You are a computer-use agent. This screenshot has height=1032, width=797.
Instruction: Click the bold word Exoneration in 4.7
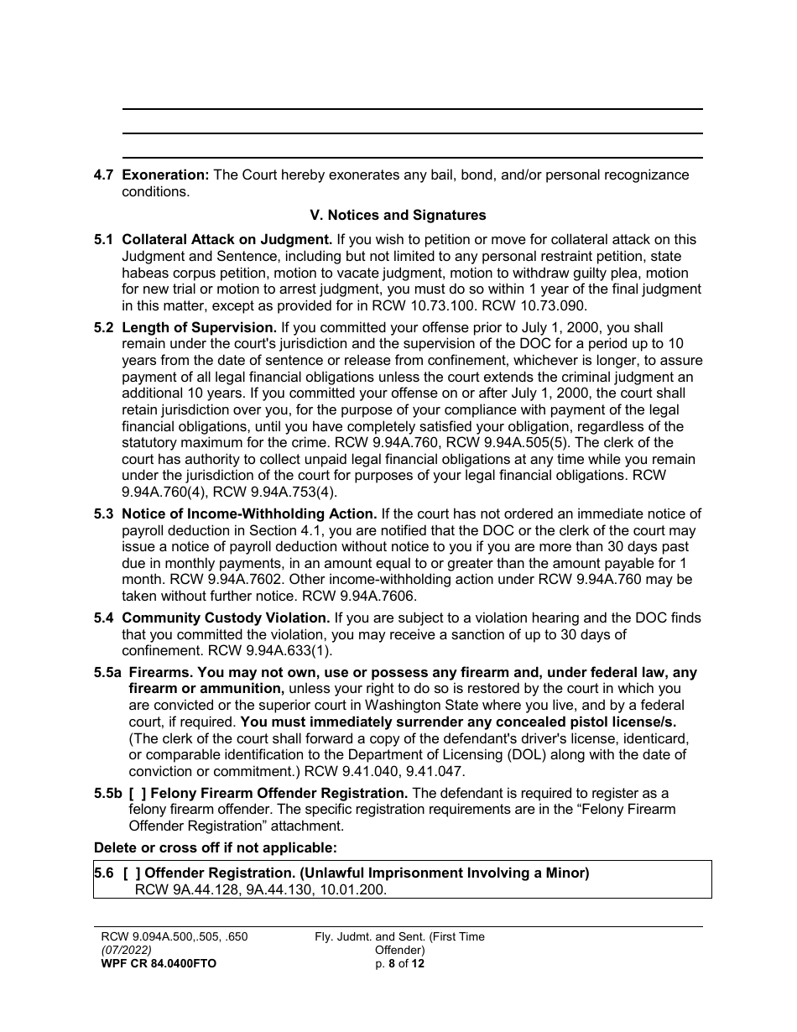[x=165, y=175]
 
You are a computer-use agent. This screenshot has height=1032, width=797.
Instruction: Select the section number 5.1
[x=103, y=240]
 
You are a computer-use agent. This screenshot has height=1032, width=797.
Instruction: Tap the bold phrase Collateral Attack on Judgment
[x=227, y=240]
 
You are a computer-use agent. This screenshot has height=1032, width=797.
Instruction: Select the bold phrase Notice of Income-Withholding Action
[x=249, y=514]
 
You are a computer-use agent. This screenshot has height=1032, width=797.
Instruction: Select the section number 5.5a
[x=107, y=673]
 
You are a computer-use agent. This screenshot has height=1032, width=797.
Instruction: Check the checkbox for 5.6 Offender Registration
[x=132, y=873]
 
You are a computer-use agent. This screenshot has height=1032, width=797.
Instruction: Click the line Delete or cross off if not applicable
[x=216, y=847]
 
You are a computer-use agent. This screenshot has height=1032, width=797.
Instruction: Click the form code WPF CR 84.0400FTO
[x=158, y=964]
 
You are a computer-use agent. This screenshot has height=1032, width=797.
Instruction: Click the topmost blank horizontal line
[x=412, y=109]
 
